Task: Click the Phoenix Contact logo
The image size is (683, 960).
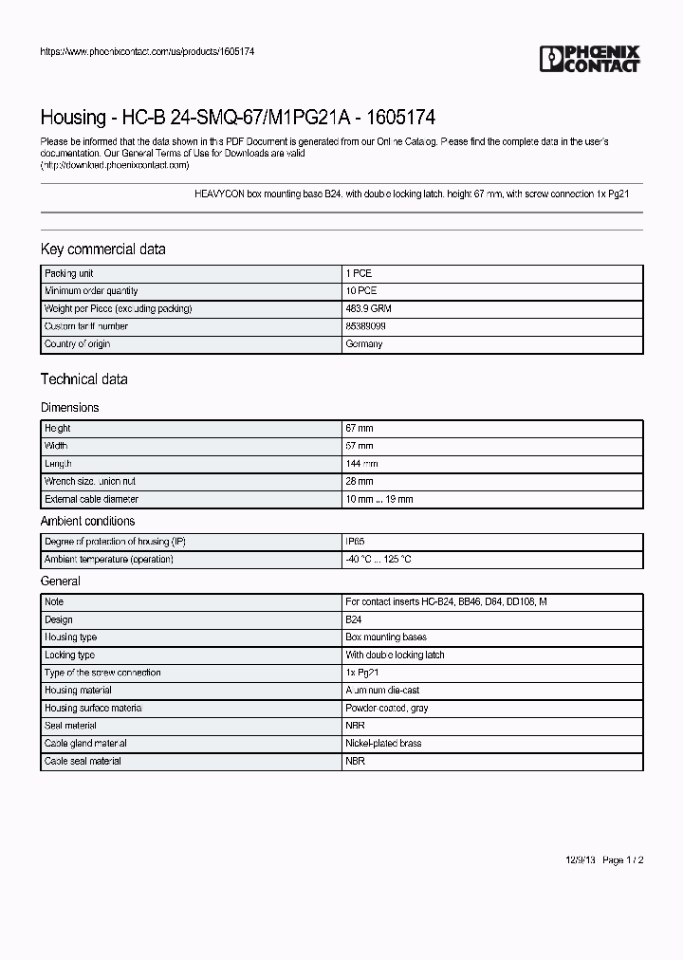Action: click(590, 59)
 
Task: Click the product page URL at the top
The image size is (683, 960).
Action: click(147, 51)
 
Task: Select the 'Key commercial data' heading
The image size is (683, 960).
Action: click(102, 249)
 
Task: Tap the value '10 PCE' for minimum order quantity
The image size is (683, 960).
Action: click(361, 291)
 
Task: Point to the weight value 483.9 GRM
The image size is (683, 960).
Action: click(367, 308)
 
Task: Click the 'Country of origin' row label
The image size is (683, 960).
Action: click(78, 344)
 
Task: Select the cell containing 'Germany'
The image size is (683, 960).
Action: click(364, 344)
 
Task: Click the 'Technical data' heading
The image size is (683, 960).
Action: click(83, 379)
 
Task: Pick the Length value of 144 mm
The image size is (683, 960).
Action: click(362, 464)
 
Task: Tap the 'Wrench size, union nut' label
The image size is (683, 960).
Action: click(90, 481)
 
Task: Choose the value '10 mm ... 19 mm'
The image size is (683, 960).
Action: click(379, 499)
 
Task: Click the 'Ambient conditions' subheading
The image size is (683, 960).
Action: click(87, 521)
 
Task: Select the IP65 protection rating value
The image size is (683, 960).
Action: click(355, 542)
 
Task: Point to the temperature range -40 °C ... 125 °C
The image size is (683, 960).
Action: click(378, 560)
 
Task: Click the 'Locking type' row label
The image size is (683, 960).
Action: click(70, 655)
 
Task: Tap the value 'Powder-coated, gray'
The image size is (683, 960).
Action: click(387, 709)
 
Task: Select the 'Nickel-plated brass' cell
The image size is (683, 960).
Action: click(384, 744)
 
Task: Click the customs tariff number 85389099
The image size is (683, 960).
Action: click(366, 326)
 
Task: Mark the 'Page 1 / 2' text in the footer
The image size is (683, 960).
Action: click(623, 860)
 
